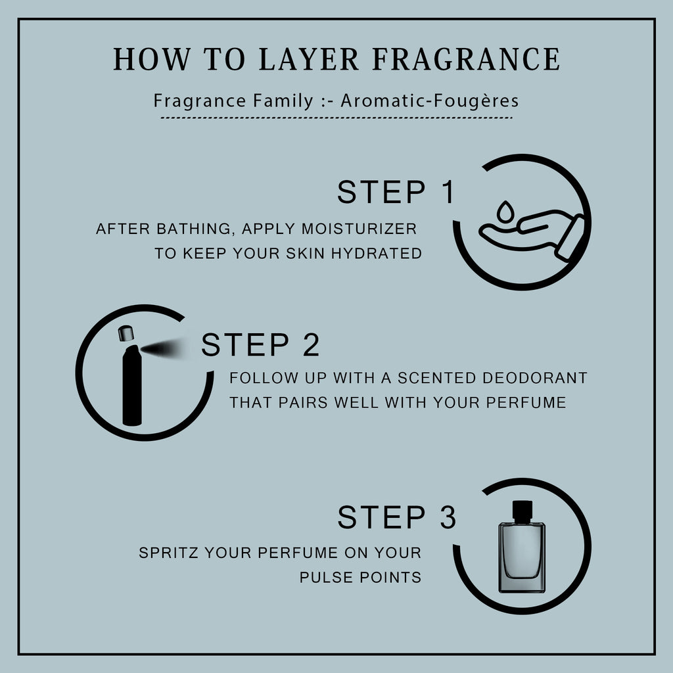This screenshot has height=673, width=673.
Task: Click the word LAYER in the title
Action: pos(309,58)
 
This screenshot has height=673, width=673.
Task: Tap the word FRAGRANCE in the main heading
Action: pos(466,58)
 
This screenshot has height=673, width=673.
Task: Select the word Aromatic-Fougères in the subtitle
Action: pos(430,101)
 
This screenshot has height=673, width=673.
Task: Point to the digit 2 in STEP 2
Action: pos(311,344)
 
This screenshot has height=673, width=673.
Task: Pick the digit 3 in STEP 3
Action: pos(448,517)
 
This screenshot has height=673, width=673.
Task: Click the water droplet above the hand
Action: pos(505,212)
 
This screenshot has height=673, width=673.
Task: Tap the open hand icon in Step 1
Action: pos(531,235)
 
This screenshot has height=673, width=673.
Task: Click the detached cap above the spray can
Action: pos(126,333)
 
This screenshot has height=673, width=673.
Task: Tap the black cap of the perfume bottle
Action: pos(522,511)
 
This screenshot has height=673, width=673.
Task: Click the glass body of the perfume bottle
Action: pos(522,557)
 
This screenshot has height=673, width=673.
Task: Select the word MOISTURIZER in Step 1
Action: pos(360,229)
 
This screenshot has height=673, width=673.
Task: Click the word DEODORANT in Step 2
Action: pos(535,378)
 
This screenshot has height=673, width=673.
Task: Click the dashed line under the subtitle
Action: pos(336,117)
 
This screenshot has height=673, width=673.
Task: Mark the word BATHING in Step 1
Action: pos(195,229)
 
